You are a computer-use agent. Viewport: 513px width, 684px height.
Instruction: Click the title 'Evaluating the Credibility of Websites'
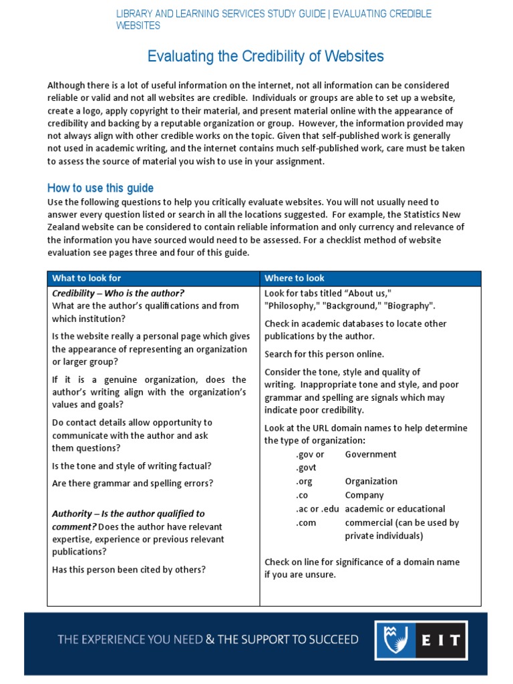click(265, 56)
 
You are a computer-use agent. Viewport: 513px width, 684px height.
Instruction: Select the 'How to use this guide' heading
click(100, 188)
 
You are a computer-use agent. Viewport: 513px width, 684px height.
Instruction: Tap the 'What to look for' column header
click(87, 278)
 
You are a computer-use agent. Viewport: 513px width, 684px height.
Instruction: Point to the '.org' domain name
click(304, 481)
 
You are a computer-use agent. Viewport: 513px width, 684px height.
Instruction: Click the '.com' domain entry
click(306, 522)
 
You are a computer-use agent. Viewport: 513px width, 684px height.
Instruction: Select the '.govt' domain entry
click(306, 468)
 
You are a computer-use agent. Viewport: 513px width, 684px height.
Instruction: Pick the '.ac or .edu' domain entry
click(318, 508)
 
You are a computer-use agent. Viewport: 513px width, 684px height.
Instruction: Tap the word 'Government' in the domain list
click(370, 454)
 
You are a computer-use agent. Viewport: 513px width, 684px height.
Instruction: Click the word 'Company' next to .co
click(364, 495)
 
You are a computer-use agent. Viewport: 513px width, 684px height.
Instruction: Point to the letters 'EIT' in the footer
click(440, 640)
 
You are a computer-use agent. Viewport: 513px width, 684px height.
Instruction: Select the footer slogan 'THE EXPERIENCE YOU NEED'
click(130, 639)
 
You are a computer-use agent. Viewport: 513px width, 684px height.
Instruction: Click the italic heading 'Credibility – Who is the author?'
click(118, 293)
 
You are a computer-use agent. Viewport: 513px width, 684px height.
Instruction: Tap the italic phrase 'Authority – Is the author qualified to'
click(129, 514)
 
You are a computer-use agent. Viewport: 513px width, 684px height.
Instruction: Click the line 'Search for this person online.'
click(324, 354)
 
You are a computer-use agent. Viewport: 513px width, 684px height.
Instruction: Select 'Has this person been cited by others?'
click(129, 569)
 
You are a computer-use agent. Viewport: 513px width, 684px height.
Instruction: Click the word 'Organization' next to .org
click(371, 481)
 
